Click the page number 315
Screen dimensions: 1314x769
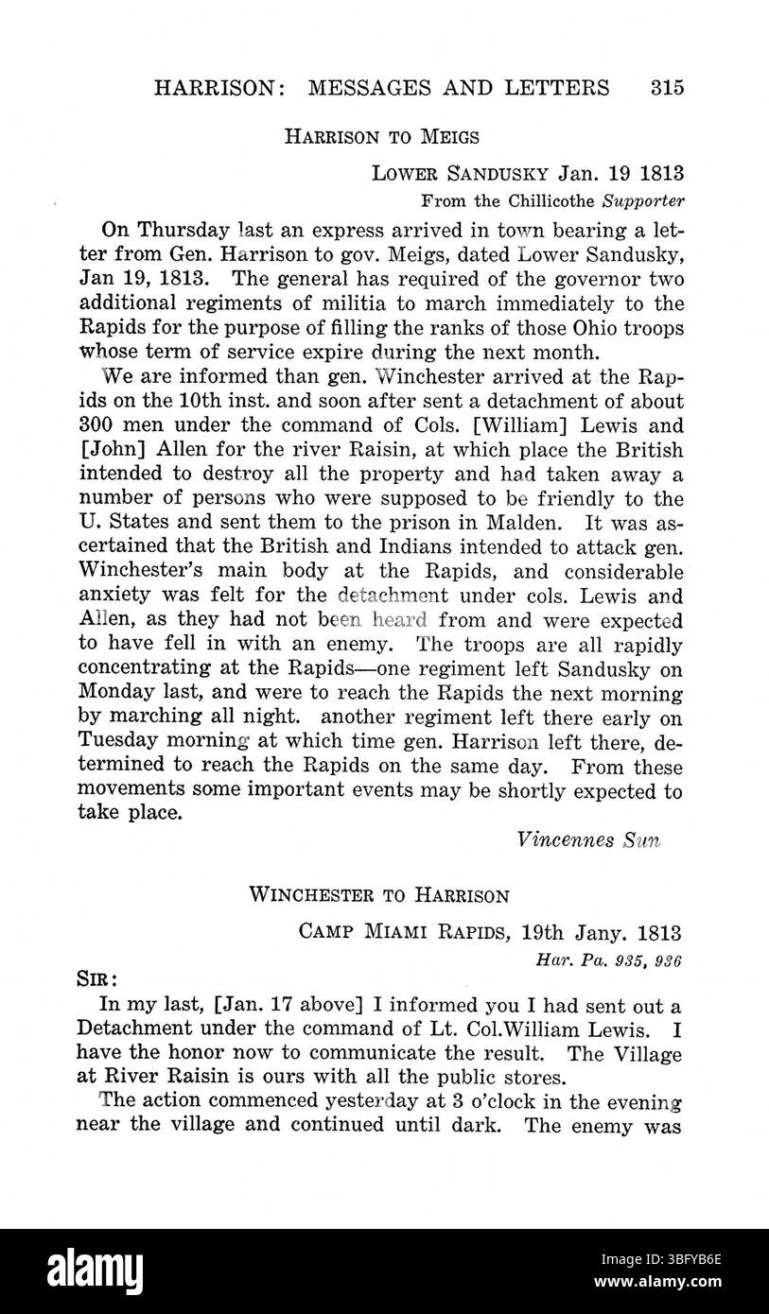pyautogui.click(x=666, y=88)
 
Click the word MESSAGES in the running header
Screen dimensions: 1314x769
pyautogui.click(x=377, y=88)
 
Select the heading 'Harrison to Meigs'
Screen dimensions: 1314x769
pyautogui.click(x=382, y=137)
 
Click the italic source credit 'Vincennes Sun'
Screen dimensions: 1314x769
pyautogui.click(x=588, y=840)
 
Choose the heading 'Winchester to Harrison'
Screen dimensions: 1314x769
pyautogui.click(x=379, y=895)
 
